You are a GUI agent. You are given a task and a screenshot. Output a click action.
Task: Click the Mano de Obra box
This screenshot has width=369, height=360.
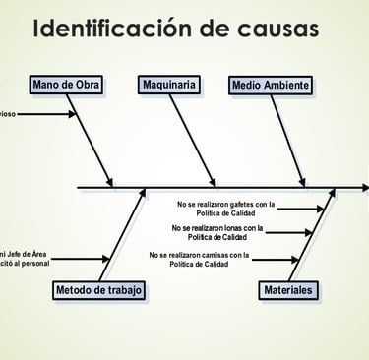[66, 85]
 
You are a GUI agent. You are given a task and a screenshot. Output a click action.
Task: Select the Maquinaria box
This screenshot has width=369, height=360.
[168, 85]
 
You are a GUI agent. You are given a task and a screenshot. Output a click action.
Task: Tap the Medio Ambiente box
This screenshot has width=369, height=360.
[272, 85]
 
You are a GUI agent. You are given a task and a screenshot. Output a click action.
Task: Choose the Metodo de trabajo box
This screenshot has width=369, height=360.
[99, 290]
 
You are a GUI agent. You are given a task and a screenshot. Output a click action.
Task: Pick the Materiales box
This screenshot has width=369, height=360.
[288, 290]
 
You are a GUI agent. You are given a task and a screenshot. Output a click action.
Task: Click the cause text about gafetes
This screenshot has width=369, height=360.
[225, 209]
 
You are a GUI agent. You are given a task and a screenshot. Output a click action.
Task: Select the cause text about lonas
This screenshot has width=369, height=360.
[217, 232]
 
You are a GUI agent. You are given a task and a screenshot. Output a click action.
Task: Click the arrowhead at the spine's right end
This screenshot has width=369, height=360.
[364, 187]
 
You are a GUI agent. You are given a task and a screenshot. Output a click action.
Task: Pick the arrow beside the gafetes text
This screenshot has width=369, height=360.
[301, 209]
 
